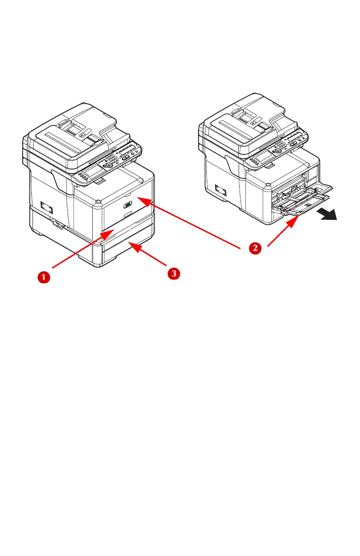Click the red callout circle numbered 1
click(43, 276)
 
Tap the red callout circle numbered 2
click(255, 248)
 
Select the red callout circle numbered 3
click(173, 273)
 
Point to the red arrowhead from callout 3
click(132, 246)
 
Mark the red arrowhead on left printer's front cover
click(139, 199)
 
